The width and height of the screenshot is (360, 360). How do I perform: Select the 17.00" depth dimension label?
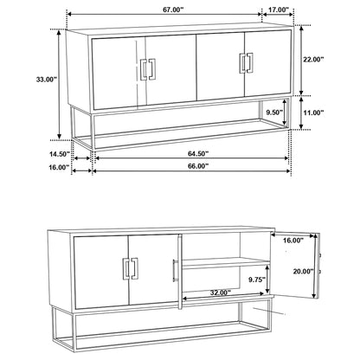pyautogui.click(x=278, y=10)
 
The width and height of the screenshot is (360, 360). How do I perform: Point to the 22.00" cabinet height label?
pyautogui.click(x=313, y=60)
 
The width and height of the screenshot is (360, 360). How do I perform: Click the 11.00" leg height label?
pyautogui.click(x=314, y=112)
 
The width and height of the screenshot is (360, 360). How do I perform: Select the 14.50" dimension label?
pyautogui.click(x=59, y=155)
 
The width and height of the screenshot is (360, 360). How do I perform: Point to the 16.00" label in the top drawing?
pyautogui.click(x=59, y=168)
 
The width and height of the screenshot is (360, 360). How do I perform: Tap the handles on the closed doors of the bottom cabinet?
pyautogui.click(x=135, y=271)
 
